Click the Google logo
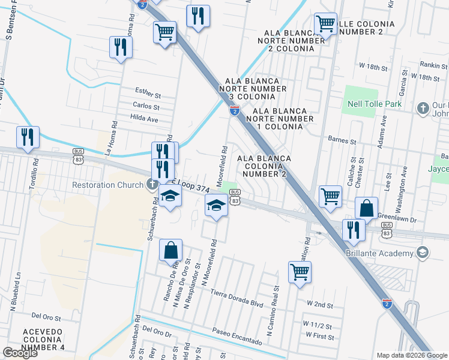point(20,353)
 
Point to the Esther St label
point(148,95)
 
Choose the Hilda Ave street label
point(144,119)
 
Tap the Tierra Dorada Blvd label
point(237,298)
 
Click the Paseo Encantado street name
point(237,337)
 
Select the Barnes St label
point(342,140)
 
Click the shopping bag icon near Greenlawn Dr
point(366,208)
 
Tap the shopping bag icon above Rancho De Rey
point(171,250)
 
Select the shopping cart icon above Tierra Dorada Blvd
point(300,271)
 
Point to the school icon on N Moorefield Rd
point(216,205)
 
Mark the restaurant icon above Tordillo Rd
point(28,137)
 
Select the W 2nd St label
point(319,305)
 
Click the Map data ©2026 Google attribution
point(411,355)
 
